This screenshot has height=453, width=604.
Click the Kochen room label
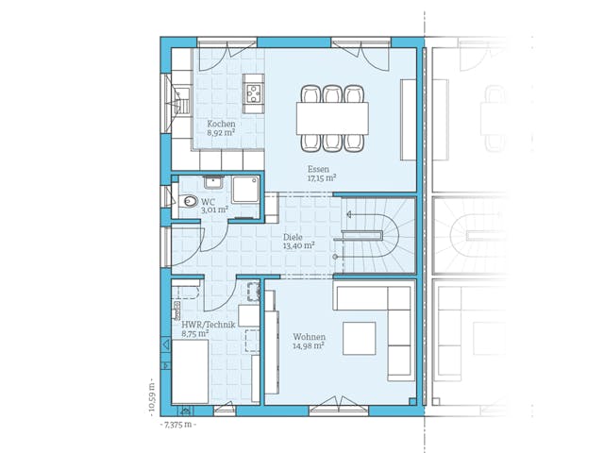(x=222, y=124)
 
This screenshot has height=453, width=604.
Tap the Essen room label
(x=318, y=167)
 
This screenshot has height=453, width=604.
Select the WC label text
(x=208, y=201)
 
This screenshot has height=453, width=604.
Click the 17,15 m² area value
(x=322, y=176)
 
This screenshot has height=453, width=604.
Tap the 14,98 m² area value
(x=309, y=345)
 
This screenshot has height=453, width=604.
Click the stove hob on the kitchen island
(x=253, y=92)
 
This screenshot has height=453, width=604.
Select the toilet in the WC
(x=189, y=201)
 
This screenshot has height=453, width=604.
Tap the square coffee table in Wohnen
(x=360, y=338)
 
